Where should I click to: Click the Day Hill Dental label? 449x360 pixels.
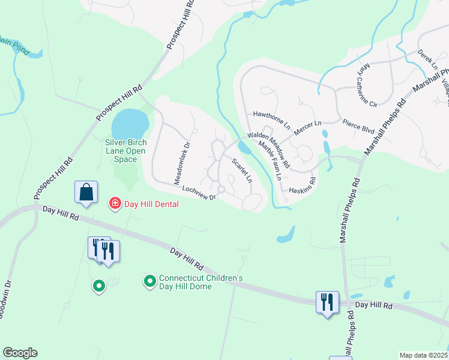click(151, 204)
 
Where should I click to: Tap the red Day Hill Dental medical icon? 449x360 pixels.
click(113, 204)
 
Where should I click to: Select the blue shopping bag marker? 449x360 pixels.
click(86, 193)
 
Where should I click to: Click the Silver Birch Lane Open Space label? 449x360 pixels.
click(125, 151)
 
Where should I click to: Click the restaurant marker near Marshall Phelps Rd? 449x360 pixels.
click(328, 302)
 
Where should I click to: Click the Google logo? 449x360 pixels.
click(20, 353)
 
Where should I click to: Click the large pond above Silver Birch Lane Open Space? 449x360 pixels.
click(130, 124)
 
